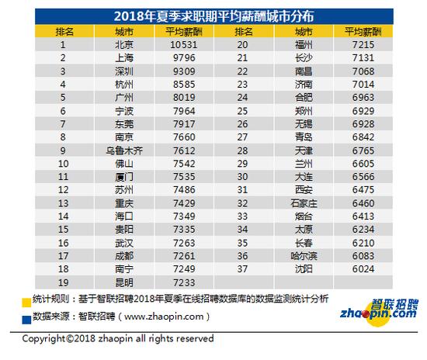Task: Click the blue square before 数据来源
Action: coord(27,317)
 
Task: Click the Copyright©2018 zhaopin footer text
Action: coord(117,339)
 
